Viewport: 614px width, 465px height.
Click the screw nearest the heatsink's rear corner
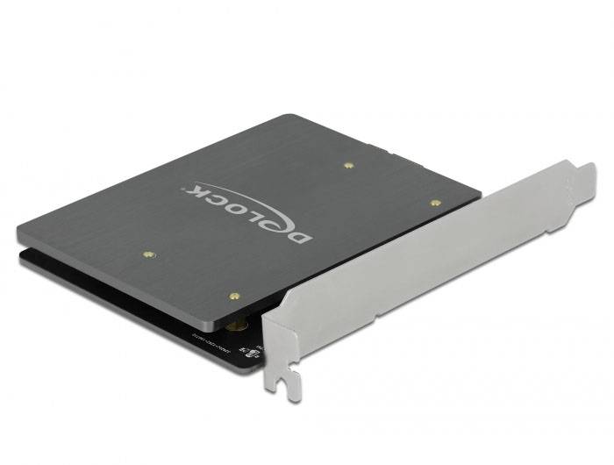click(348, 164)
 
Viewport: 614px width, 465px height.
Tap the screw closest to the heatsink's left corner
click(146, 255)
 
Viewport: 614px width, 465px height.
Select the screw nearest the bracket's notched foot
click(232, 297)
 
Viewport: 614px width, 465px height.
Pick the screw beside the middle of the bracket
click(435, 203)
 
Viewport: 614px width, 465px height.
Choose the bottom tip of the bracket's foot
click(295, 399)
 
